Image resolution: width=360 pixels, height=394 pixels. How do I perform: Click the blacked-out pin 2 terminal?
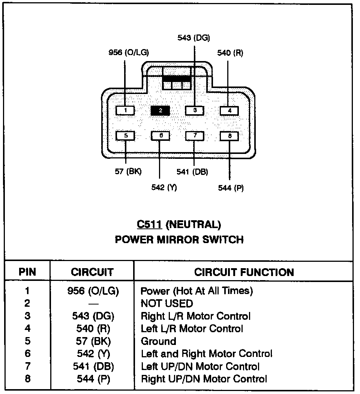pos(160,110)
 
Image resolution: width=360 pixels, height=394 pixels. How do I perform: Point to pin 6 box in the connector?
pos(160,136)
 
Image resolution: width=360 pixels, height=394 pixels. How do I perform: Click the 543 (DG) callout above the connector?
pos(193,37)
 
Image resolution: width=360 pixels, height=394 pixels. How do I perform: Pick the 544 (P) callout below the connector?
pos(231,188)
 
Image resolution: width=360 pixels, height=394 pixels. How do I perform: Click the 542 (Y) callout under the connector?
pos(164,188)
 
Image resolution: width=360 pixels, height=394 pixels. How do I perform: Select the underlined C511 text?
pos(149,224)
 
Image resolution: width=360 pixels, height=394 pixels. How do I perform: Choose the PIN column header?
pos(27,272)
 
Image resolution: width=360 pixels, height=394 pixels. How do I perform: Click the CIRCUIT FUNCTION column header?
pos(244,272)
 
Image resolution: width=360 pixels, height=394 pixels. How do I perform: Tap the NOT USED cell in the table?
pos(167,303)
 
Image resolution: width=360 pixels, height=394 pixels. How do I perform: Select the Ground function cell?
pos(158,341)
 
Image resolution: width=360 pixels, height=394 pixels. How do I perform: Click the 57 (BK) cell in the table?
pos(93,341)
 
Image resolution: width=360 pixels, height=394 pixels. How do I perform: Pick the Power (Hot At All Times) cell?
pos(196,290)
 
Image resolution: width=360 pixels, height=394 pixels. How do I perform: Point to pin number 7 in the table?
pos(27,366)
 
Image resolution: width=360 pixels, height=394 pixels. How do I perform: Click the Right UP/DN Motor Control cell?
pos(204,379)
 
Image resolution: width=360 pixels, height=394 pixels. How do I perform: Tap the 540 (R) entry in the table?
pos(93,328)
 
